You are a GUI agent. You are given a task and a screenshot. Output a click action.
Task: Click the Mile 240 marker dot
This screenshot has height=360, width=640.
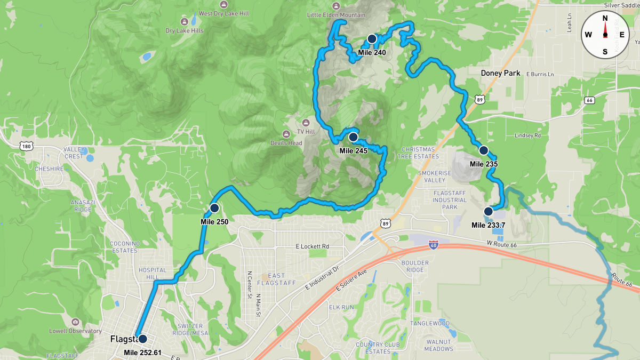point(372,39)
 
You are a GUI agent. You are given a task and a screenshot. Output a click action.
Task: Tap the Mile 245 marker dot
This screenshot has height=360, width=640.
point(353,137)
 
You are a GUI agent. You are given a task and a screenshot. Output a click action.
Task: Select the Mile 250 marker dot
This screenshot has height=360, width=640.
point(214,208)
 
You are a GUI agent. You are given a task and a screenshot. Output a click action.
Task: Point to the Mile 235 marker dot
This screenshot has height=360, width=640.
point(484,150)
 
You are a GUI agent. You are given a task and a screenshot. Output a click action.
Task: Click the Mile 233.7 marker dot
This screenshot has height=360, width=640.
point(488,211)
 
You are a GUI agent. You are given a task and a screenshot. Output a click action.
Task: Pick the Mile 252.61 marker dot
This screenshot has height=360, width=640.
point(142,339)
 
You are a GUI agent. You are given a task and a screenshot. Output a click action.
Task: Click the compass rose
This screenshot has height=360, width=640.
point(605,35)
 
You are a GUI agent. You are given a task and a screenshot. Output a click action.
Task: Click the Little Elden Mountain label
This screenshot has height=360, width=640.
point(336,15)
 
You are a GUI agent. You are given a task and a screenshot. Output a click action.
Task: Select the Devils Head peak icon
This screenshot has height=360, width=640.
point(287,133)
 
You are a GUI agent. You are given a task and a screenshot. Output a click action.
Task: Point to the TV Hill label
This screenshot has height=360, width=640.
point(306,132)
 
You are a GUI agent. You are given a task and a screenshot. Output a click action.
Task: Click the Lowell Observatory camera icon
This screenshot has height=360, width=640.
point(75,322)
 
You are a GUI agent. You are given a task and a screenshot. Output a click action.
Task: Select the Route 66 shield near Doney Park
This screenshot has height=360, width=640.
point(589,100)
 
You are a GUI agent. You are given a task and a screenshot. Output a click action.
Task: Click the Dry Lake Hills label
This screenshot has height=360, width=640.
point(185,31)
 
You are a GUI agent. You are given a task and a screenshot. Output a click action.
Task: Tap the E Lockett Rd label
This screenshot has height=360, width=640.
point(312,247)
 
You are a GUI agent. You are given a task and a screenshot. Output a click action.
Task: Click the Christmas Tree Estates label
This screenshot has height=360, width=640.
point(418,153)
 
